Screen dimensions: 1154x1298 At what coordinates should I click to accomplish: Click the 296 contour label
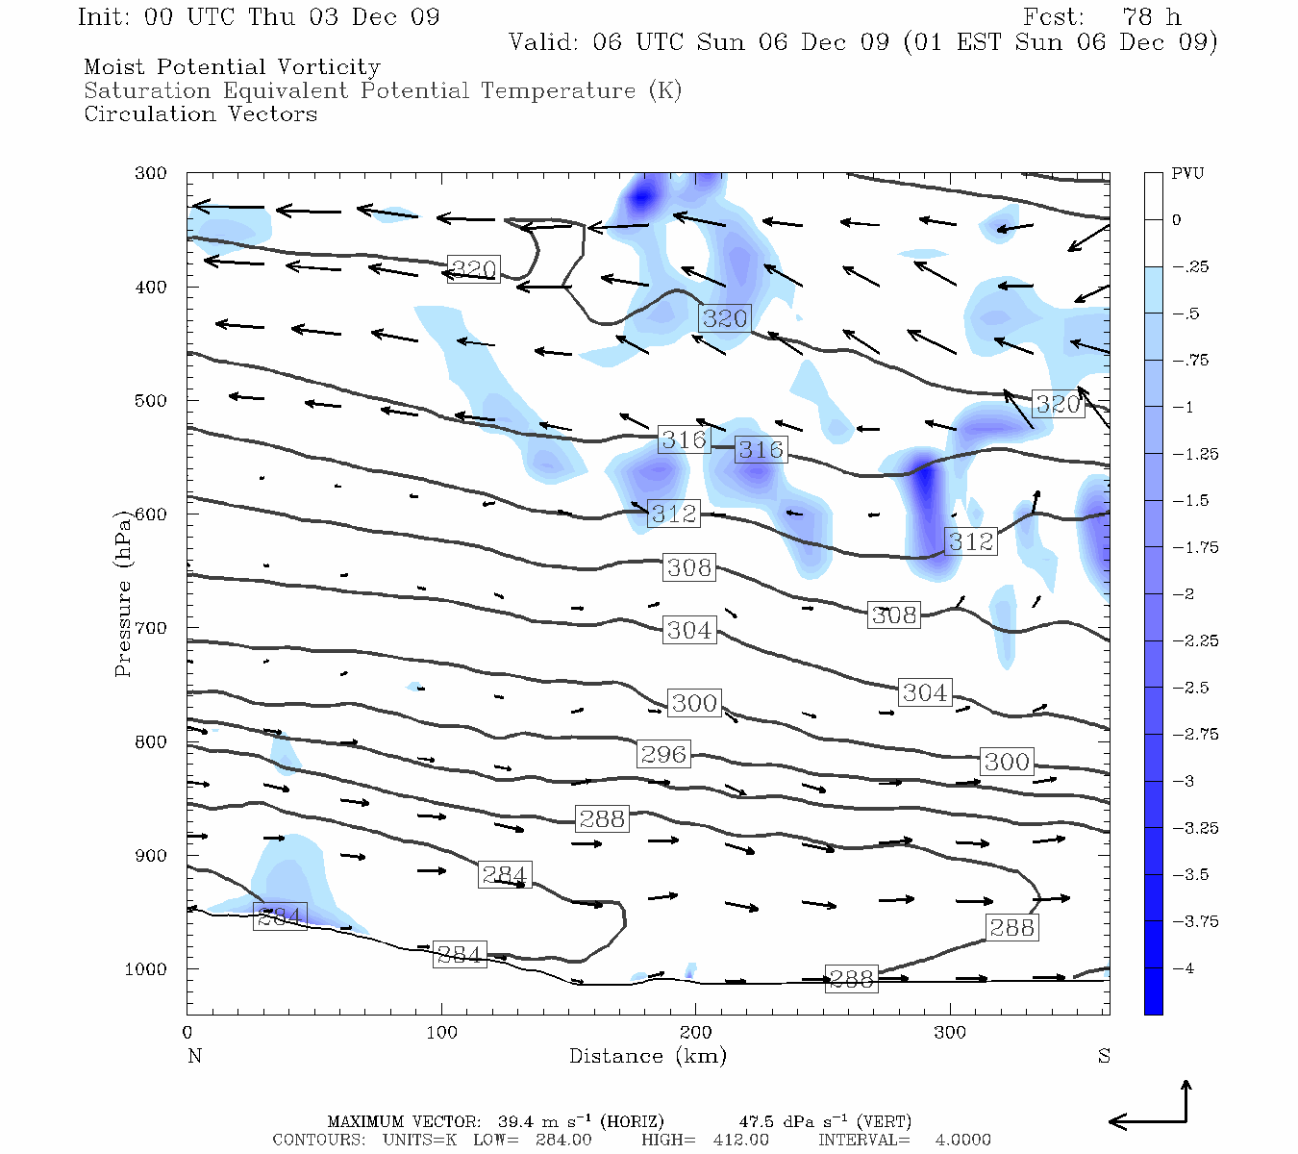coord(663,754)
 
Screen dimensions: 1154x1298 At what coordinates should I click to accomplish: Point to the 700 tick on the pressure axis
coord(150,628)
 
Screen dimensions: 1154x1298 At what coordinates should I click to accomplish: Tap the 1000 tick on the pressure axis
coord(146,969)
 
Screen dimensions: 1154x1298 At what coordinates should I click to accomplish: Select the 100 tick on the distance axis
coord(441,1033)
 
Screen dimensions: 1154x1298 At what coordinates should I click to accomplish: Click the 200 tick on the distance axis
coord(695,1033)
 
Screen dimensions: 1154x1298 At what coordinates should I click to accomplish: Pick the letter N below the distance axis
coord(194,1056)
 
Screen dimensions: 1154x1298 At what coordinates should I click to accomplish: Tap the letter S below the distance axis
coord(1104,1056)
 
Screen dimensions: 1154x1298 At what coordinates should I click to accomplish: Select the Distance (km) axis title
coord(647,1056)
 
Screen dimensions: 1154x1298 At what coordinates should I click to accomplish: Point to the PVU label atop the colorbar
coord(1187,174)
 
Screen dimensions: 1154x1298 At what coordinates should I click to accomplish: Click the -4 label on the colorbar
coord(1184,968)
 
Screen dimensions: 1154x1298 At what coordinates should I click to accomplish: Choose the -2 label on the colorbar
coord(1184,594)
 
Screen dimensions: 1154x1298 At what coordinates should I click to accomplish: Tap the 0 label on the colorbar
coord(1177,220)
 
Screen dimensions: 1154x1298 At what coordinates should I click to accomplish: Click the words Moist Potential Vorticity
coord(232,67)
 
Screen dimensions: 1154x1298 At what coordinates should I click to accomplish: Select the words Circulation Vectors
coord(200,114)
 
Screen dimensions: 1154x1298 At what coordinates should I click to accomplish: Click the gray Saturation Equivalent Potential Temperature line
coord(383,91)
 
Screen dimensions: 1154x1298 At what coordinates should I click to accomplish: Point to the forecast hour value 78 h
coord(1151,17)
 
